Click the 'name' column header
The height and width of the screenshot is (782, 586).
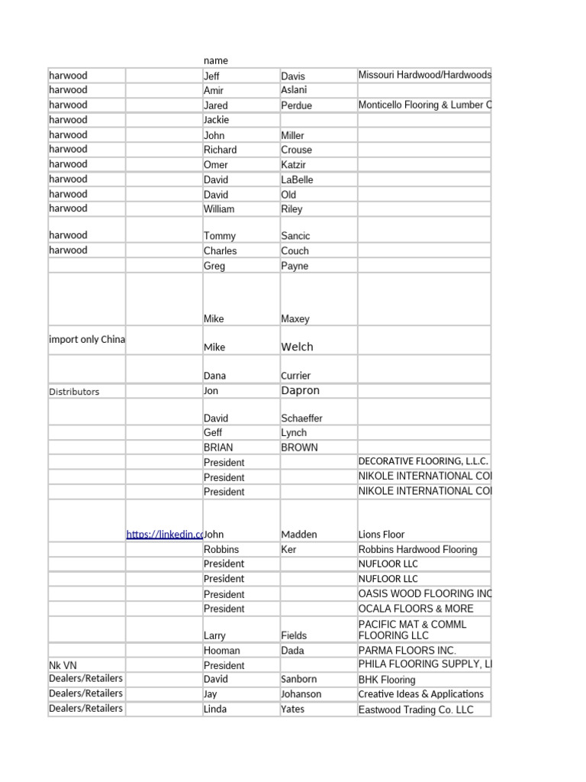(x=216, y=60)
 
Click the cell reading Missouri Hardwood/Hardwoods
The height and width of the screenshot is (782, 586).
(x=424, y=75)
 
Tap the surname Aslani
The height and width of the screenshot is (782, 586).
(x=294, y=90)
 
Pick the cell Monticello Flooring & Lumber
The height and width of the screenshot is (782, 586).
(x=424, y=105)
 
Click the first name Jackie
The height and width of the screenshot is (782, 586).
(x=216, y=120)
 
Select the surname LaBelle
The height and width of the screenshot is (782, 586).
(x=297, y=179)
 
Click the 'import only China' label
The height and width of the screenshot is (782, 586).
(x=87, y=340)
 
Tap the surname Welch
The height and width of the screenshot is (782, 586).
(x=297, y=347)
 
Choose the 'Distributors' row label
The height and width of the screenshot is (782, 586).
(x=74, y=392)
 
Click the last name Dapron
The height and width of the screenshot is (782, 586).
(x=300, y=390)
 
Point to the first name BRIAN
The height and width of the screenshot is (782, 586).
(x=218, y=448)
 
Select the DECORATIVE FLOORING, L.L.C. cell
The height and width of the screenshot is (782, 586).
(x=423, y=462)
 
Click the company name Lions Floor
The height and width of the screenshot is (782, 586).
(x=382, y=535)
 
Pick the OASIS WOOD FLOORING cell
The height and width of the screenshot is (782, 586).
(x=424, y=593)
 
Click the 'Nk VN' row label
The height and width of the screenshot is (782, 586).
(x=63, y=665)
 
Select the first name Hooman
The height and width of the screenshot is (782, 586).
(x=221, y=651)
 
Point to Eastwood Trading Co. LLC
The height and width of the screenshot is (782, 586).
(x=416, y=709)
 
